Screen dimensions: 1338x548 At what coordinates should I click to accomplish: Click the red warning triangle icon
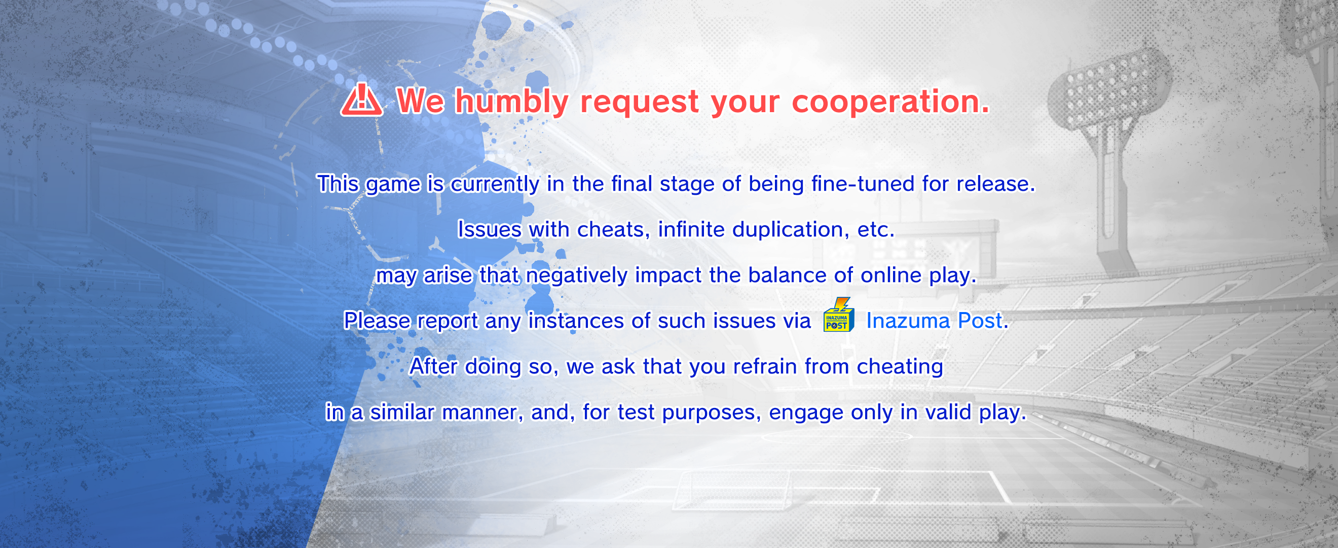point(361,100)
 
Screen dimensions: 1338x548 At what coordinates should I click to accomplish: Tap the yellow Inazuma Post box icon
point(838,315)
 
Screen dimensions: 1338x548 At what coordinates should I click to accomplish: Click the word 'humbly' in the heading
point(512,101)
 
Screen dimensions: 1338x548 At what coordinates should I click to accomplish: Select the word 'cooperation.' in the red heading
point(891,102)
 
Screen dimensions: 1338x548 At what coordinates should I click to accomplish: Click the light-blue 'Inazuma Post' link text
point(934,321)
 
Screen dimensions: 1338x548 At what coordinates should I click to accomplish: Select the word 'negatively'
point(577,275)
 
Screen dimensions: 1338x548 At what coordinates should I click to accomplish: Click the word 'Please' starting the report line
point(377,321)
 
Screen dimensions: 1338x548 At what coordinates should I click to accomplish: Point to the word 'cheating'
point(900,367)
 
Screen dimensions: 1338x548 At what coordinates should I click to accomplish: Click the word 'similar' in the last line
point(402,413)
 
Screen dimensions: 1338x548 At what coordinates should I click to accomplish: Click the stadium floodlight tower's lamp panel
point(1108,88)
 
